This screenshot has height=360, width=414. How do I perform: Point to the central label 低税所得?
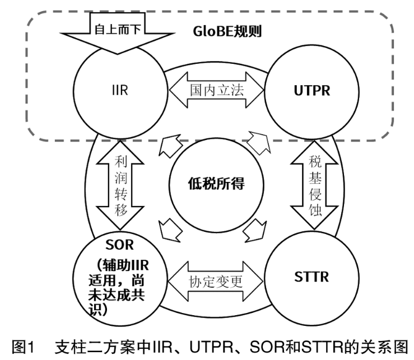[x=213, y=183]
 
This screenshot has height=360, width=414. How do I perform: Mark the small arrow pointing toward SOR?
[x=168, y=228]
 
